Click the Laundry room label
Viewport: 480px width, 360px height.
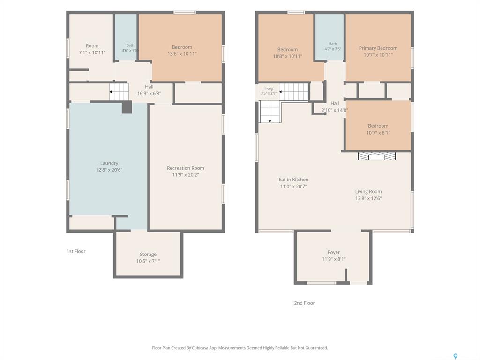click(x=109, y=163)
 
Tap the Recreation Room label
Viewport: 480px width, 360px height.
click(x=186, y=168)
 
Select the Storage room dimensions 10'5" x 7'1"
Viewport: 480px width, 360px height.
click(x=148, y=261)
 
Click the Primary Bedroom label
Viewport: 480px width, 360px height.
click(x=378, y=48)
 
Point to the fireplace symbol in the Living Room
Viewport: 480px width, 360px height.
click(x=377, y=156)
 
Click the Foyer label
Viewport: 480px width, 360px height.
click(x=334, y=252)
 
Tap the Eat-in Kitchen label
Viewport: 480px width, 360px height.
click(x=293, y=180)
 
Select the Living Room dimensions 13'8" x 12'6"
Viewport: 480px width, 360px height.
click(x=368, y=198)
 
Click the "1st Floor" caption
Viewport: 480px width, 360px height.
click(x=76, y=251)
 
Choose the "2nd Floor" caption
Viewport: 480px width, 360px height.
click(x=305, y=303)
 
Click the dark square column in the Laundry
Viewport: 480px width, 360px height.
click(x=127, y=107)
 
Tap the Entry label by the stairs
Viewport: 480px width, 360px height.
click(x=269, y=89)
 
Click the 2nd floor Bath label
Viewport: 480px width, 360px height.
click(x=333, y=44)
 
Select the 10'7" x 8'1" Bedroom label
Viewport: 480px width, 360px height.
click(x=378, y=129)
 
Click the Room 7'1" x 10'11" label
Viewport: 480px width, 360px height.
click(x=92, y=49)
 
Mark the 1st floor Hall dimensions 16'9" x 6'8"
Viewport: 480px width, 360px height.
click(x=149, y=94)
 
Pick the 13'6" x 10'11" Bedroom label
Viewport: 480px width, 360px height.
click(x=182, y=51)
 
